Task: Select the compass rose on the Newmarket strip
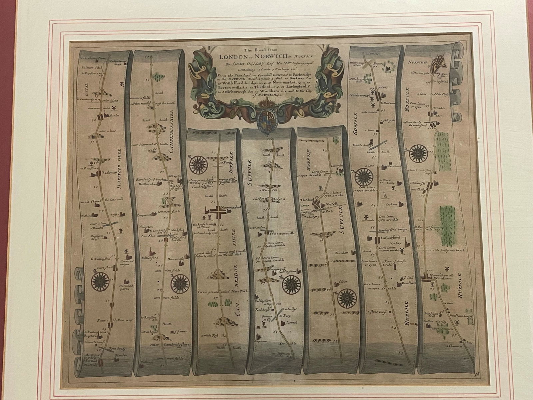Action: [198, 165]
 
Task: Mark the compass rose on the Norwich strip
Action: [416, 153]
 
